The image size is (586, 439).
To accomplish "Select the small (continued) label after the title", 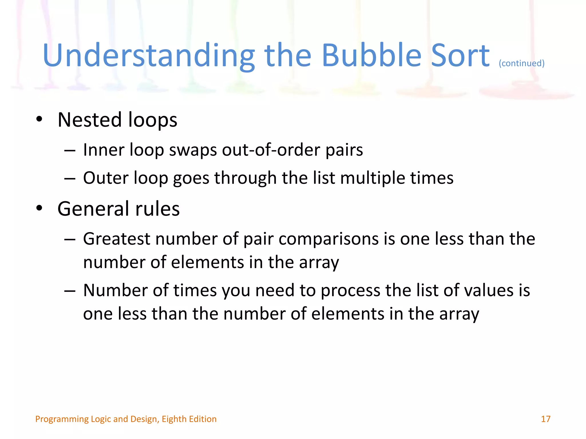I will [x=521, y=63].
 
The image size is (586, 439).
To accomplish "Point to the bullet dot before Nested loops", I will [x=39, y=119].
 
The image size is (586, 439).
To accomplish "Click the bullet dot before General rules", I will [x=39, y=208].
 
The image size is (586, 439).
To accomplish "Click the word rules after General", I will [x=157, y=209].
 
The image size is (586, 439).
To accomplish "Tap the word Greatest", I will [x=116, y=239].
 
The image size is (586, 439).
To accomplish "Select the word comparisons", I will [x=328, y=239].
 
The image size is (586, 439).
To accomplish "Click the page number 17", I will [x=545, y=419].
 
